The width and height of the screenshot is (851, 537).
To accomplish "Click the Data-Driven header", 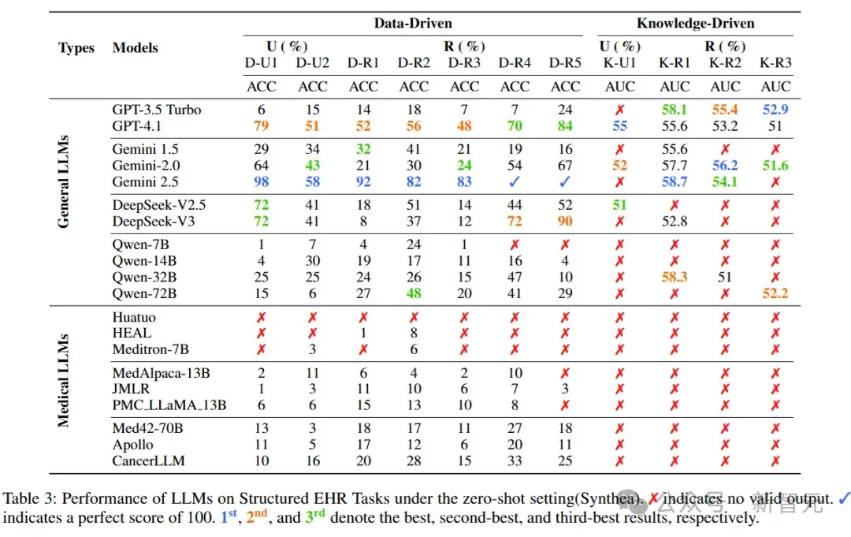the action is [412, 24].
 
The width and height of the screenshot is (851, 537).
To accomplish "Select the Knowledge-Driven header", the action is [695, 24].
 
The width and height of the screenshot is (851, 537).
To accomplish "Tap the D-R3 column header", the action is [464, 63].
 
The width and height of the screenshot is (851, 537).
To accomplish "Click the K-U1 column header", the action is [619, 63].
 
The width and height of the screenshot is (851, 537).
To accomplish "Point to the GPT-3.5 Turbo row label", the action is [156, 110].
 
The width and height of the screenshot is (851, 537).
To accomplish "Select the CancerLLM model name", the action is [148, 461].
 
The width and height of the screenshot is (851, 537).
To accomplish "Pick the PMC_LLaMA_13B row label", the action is [169, 405].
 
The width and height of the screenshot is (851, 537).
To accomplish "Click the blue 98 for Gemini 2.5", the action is [261, 182].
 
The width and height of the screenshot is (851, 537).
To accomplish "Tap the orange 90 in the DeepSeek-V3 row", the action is [565, 222].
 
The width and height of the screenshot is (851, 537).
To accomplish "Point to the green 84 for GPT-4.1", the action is [565, 126].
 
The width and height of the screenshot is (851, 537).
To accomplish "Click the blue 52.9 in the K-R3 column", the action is [775, 110].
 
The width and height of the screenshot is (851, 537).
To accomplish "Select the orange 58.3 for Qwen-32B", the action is [674, 278].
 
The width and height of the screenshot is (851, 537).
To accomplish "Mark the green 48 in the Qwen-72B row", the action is [414, 294].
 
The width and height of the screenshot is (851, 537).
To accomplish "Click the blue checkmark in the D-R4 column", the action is [515, 182].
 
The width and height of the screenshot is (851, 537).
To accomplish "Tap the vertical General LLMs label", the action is [63, 181].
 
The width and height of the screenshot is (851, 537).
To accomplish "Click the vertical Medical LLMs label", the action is [63, 381].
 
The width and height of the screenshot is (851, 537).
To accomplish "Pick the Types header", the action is [76, 48].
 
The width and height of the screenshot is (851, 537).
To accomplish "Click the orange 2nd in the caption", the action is [257, 516].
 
